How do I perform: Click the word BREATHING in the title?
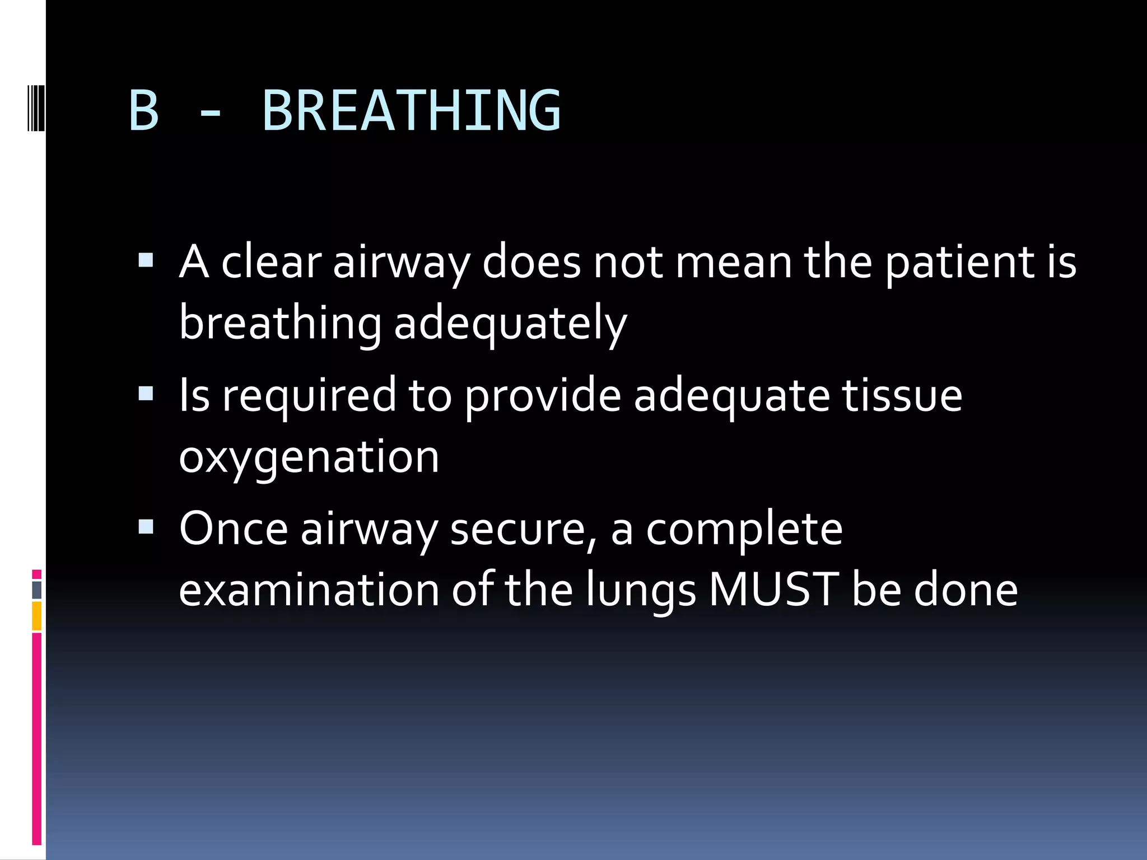point(412,111)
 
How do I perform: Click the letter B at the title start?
point(144,111)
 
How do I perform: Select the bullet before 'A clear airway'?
point(146,260)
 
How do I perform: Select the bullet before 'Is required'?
point(146,394)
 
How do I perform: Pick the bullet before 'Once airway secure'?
point(146,527)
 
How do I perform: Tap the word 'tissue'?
point(902,395)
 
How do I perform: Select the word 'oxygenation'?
point(309,457)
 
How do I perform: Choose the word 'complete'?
point(744,529)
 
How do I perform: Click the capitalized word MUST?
point(773,590)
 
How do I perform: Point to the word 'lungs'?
point(641,591)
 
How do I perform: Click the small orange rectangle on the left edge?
point(37,616)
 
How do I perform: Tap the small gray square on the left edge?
point(37,590)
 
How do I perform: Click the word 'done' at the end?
point(966,590)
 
